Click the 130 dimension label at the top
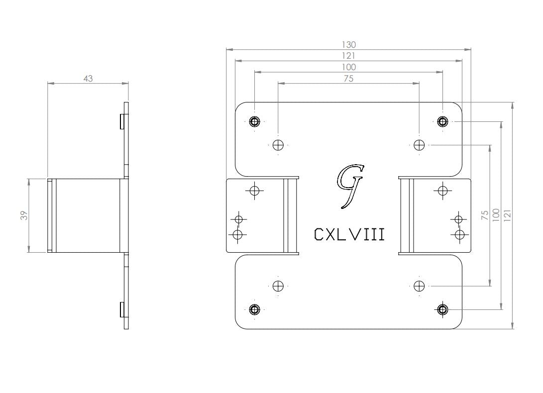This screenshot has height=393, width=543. (x=349, y=45)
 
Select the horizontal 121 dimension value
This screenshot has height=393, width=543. (x=349, y=56)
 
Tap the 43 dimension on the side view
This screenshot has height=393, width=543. (x=88, y=79)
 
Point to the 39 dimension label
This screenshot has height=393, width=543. (x=24, y=215)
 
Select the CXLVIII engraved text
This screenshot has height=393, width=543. (x=349, y=234)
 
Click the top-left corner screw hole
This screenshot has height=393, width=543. (x=254, y=121)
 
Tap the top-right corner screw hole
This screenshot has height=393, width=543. (x=442, y=121)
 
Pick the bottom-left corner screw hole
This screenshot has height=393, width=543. (x=254, y=309)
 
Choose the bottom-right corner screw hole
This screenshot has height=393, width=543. (x=442, y=309)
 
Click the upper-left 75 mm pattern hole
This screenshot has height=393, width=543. (x=278, y=145)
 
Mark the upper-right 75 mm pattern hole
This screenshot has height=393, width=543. (x=419, y=145)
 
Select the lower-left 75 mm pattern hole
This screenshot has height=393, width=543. (x=278, y=286)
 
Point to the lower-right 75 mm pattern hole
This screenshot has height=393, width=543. (x=419, y=286)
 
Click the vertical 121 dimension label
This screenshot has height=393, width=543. (x=508, y=215)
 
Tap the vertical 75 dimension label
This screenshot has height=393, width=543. (x=485, y=215)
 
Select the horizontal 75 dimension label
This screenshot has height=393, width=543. (x=349, y=79)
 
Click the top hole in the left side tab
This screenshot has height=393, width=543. (x=254, y=191)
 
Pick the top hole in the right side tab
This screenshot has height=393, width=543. (x=442, y=191)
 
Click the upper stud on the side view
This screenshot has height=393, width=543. (x=122, y=121)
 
